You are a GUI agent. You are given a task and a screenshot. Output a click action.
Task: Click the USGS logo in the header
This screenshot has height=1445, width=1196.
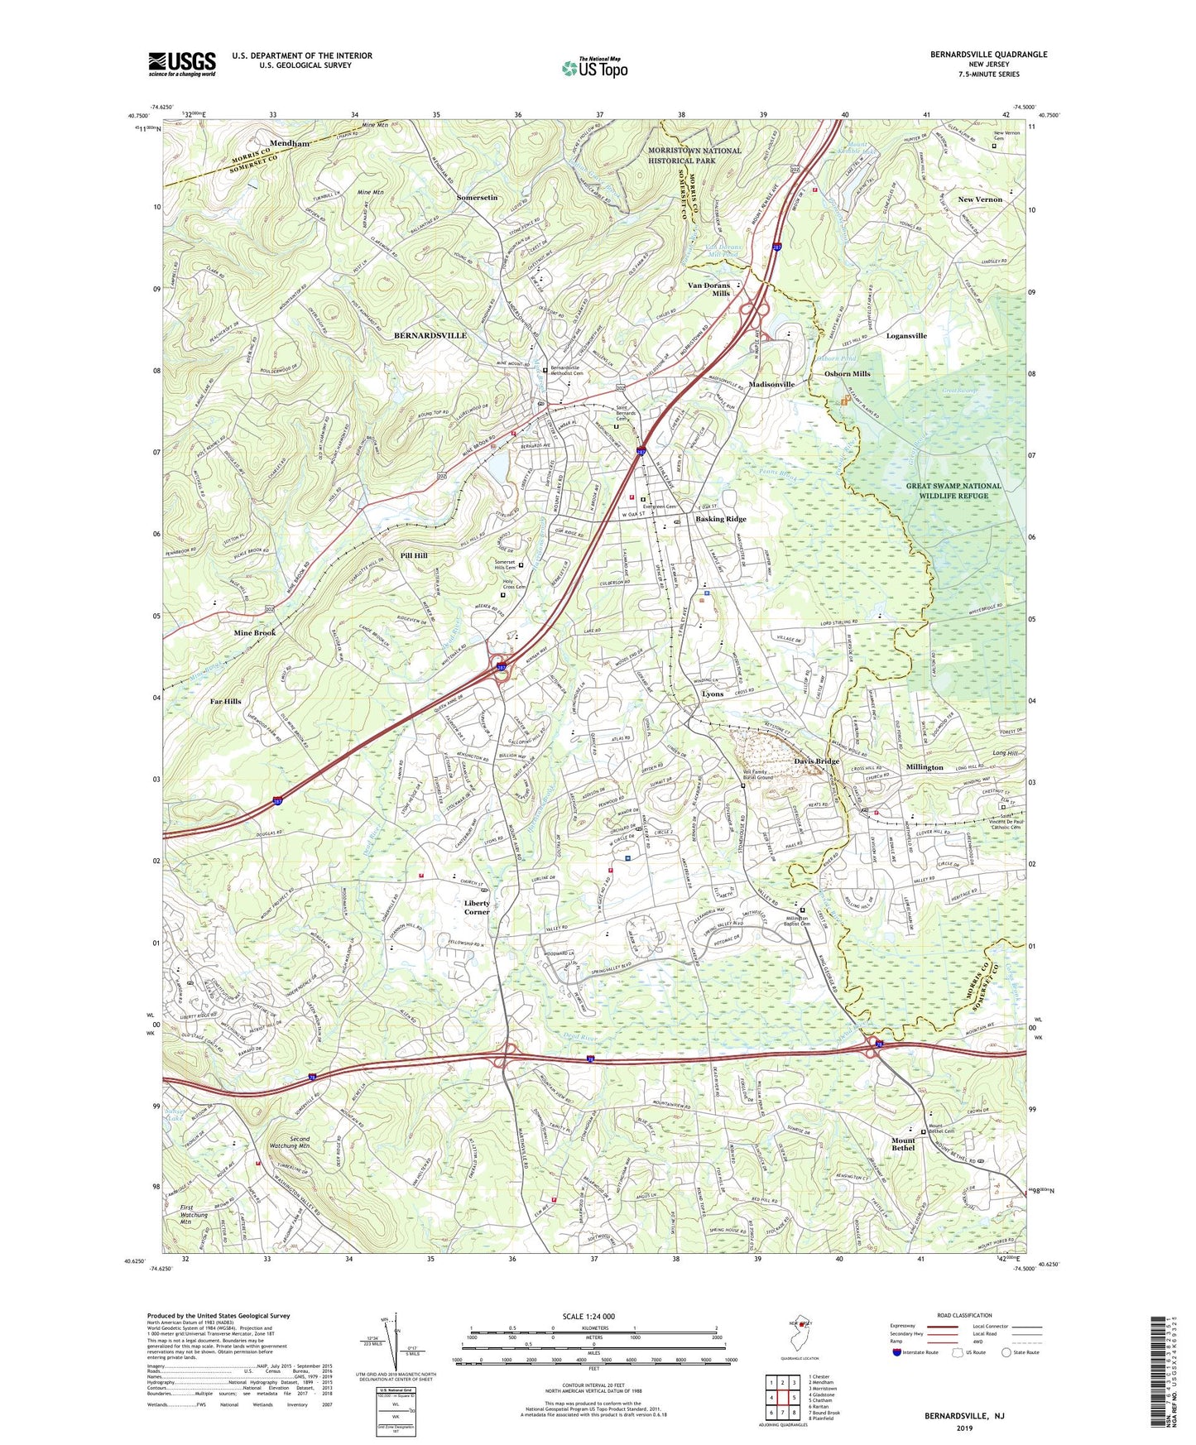point(182,64)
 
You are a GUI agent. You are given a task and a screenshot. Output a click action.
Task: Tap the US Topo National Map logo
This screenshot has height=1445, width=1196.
point(593,68)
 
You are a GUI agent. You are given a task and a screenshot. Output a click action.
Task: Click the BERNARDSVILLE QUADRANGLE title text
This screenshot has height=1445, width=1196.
point(988,55)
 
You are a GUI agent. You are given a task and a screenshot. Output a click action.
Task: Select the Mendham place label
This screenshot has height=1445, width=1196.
point(290,143)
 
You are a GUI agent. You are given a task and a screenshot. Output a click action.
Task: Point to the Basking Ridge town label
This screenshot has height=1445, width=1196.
point(720,519)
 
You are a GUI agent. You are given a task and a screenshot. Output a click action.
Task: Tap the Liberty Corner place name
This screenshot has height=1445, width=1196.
point(477,907)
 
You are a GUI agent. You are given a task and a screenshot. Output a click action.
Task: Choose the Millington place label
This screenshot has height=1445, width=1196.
point(924,767)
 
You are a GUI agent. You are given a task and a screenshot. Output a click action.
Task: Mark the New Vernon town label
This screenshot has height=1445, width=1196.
point(979,199)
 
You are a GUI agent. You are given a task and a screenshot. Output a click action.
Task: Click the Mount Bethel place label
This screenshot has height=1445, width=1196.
point(903,1144)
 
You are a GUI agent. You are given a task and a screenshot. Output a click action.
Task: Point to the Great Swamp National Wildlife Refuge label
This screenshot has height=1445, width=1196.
point(953,491)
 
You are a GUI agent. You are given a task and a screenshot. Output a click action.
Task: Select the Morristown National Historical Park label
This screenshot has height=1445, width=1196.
point(694,156)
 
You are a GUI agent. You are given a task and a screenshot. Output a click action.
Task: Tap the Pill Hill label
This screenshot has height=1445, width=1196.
point(414,555)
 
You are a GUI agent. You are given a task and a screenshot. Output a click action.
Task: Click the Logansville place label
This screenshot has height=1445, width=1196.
point(906,336)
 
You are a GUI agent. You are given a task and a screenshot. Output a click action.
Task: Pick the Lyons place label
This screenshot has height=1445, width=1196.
point(712,694)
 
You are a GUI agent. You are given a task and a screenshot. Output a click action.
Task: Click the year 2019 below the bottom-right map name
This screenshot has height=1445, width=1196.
point(964,1427)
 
